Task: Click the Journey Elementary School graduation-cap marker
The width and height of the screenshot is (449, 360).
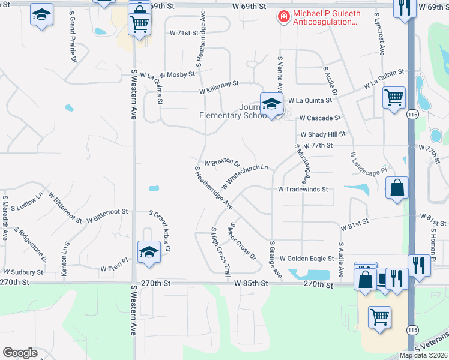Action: [x=271, y=104]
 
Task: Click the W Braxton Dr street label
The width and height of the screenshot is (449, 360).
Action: [x=222, y=163]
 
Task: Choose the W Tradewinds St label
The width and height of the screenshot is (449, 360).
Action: [x=303, y=189]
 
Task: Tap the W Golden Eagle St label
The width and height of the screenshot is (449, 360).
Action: [x=306, y=259]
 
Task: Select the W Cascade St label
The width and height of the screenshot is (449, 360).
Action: [x=319, y=118]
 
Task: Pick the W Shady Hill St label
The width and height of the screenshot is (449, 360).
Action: [x=323, y=134]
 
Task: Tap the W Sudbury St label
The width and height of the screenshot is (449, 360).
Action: [x=23, y=272]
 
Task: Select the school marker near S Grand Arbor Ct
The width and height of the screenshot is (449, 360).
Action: [x=149, y=252]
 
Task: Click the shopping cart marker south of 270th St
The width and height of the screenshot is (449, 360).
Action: [x=380, y=317]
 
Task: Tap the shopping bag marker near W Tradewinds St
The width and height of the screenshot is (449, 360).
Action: [x=397, y=188]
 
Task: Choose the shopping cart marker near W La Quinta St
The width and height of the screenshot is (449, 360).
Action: [x=394, y=97]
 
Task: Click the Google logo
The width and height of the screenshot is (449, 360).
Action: [x=20, y=353]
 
